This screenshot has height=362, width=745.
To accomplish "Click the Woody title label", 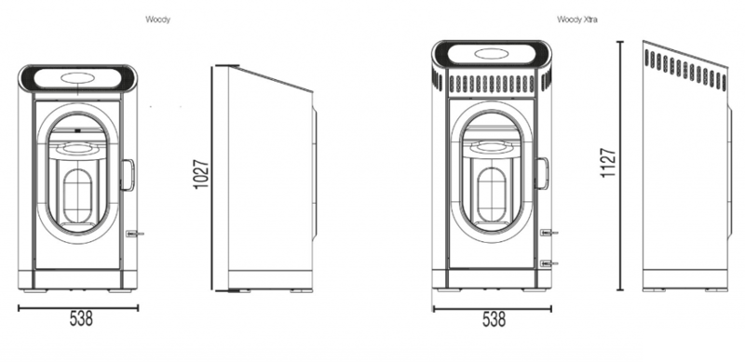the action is click(157, 20).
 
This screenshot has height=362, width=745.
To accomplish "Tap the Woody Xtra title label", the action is click(577, 20).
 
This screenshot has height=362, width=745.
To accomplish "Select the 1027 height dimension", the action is click(201, 174).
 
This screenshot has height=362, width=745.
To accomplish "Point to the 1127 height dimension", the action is click(608, 163).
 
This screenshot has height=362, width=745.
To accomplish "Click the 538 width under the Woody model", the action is click(81, 319).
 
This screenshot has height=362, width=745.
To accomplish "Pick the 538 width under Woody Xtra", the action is click(494, 319).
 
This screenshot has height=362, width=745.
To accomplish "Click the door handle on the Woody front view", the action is click(128, 175).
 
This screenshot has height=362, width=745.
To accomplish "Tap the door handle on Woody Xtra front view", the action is click(541, 173).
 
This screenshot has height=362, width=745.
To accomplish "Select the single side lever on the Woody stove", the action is click(135, 234).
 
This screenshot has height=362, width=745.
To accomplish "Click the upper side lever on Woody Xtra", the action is click(549, 233).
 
